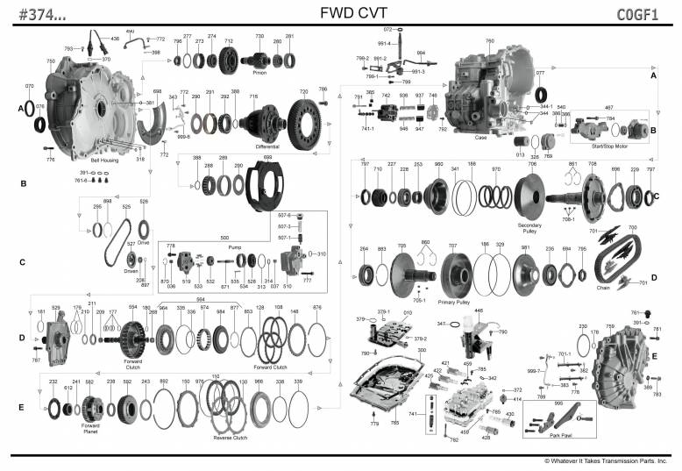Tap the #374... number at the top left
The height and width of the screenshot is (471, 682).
32,13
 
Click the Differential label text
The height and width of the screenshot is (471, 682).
267,146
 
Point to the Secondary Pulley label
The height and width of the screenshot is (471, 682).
530,228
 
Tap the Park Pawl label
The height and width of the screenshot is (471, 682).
563,433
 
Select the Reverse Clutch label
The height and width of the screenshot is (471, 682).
231,437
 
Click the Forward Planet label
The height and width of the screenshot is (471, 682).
89,429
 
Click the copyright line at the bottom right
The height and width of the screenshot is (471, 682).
605,460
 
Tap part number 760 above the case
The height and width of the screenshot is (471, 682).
489,41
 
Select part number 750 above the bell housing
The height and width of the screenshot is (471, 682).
51,61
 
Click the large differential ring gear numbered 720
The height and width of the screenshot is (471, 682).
304,118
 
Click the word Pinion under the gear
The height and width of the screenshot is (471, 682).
259,73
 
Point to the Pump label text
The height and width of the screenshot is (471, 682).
235,247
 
